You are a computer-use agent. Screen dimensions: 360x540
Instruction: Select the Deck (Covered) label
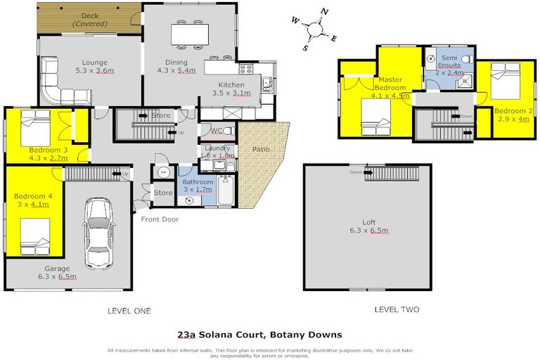89,19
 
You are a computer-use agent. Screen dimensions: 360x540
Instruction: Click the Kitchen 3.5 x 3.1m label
231,89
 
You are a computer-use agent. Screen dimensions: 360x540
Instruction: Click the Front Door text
160,219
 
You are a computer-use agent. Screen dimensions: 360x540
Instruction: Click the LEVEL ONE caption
129,310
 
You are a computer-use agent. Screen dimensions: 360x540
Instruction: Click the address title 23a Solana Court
259,335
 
